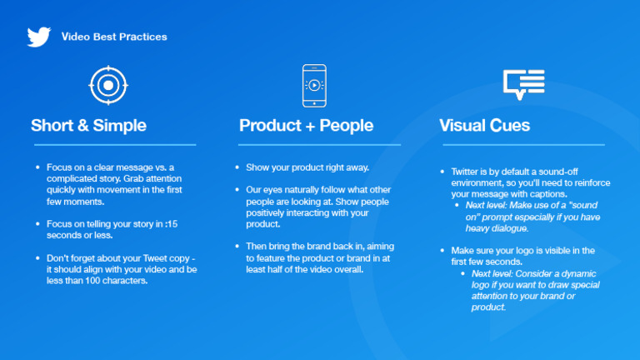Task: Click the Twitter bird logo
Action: point(39,37)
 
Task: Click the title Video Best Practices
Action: point(114,37)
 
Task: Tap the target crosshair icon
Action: point(108,85)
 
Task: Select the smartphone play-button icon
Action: point(314,86)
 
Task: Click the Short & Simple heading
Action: point(88,125)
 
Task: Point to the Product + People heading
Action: point(306,125)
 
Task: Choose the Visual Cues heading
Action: point(484,125)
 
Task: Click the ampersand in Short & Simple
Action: point(82,125)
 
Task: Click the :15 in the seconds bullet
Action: point(172,223)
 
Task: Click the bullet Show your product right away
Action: point(307,167)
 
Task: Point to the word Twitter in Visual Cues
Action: point(464,172)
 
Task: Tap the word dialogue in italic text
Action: point(509,228)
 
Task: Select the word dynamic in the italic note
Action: point(579,273)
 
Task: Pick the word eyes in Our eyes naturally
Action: point(272,190)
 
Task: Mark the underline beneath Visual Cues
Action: point(523,144)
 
